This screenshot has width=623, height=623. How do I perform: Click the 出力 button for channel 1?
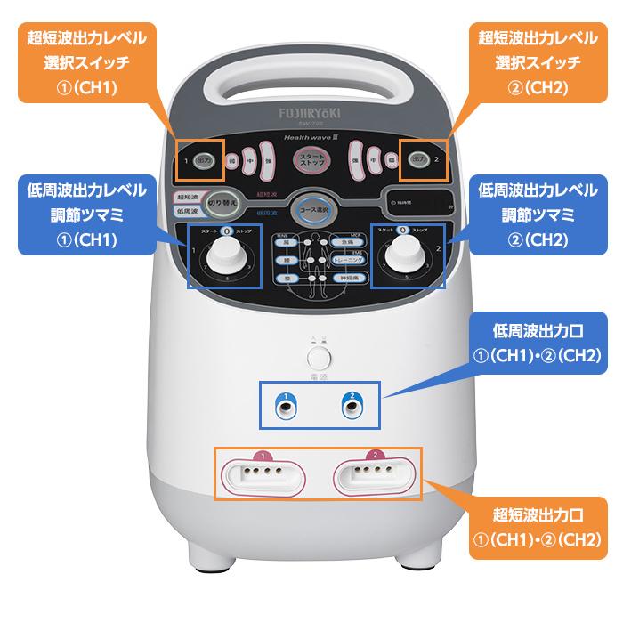pos(204,158)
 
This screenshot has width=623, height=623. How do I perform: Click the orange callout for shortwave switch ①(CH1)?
pos(85,61)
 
